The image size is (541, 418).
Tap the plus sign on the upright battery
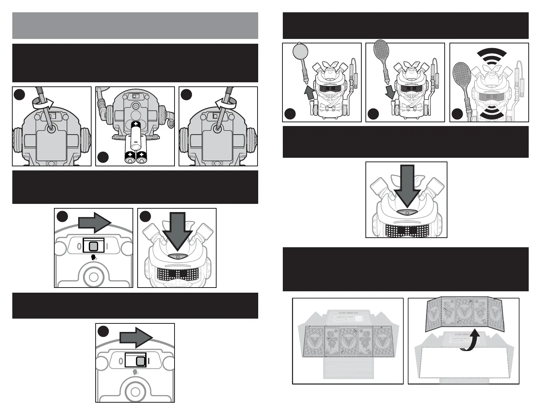tap(136, 124)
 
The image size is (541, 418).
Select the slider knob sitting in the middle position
tap(93, 246)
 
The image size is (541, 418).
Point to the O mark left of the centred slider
tap(78, 246)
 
